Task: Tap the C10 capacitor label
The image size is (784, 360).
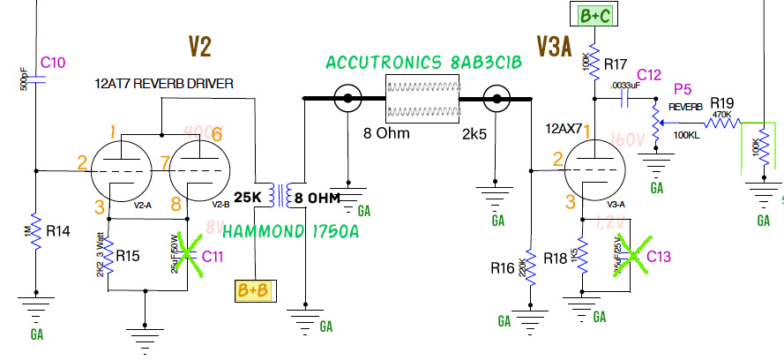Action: point(53,63)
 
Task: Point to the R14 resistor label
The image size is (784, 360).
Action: point(59,231)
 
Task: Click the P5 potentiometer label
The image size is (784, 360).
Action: point(681,90)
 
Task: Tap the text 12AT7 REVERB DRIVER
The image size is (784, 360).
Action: point(163,84)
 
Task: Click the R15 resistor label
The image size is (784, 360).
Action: point(129,257)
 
